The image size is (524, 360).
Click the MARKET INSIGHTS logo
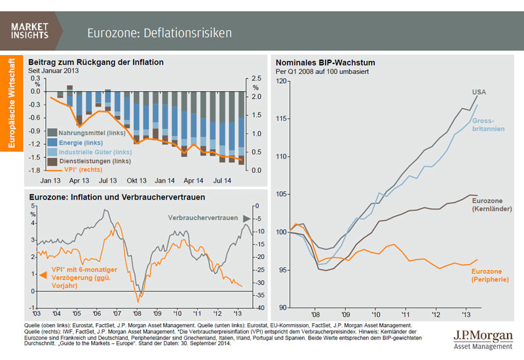click(29, 31)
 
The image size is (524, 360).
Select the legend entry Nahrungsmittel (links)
click(81, 134)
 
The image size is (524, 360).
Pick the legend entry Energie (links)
click(71, 143)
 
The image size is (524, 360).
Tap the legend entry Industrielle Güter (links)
click(84, 152)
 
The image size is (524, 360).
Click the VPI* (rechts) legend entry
click(73, 170)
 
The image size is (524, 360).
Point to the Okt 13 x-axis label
click(137, 180)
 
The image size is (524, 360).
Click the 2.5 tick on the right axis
click(256, 79)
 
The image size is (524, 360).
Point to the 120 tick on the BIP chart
click(282, 81)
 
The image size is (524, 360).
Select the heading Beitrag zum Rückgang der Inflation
click(96, 62)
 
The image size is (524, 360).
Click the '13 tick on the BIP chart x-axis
click(467, 313)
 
